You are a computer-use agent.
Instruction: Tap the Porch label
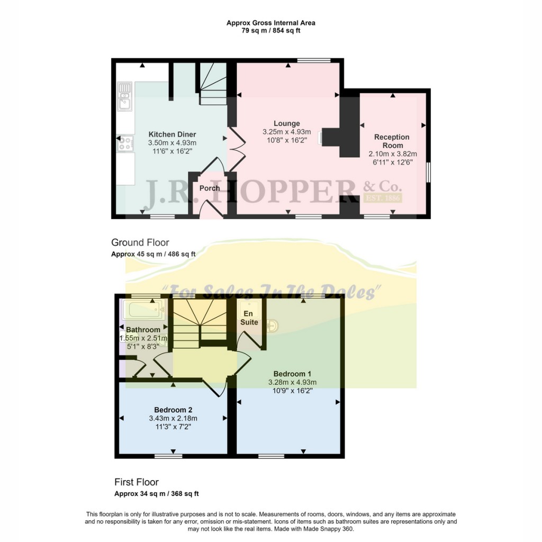210,188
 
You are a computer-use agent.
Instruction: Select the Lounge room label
287,123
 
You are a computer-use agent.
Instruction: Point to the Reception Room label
392,141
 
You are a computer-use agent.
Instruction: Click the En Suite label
249,318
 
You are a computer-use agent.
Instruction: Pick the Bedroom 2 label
173,410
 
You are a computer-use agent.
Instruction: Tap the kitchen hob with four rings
125,142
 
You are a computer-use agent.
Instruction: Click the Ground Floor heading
140,242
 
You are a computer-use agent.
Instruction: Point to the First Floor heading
137,482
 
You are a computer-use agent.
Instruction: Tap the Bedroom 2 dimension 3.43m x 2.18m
173,418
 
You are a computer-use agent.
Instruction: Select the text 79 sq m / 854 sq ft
270,31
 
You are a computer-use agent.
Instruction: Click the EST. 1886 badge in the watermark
384,198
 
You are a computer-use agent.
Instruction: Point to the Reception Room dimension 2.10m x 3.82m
392,154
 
